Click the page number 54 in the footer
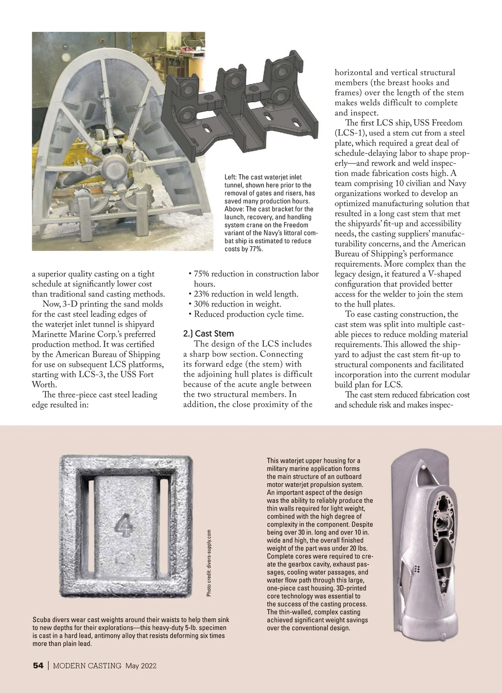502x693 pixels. click(38, 665)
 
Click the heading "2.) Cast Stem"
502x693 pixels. click(208, 334)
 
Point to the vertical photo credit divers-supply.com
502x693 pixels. click(209, 563)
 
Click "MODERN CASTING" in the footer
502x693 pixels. click(87, 665)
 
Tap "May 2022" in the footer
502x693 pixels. click(141, 665)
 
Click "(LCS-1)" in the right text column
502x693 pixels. click(349, 133)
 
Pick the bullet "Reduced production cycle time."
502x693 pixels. click(248, 314)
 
